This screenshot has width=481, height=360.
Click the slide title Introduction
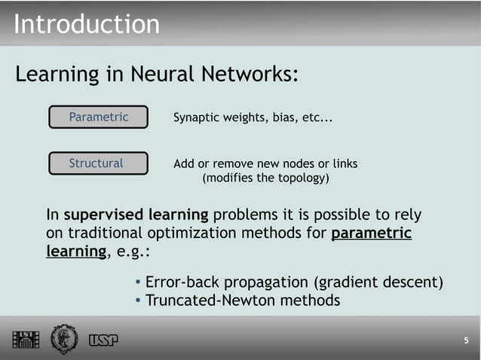[87, 24]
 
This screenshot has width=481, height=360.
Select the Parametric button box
[99, 117]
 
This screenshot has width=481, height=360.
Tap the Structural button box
[97, 163]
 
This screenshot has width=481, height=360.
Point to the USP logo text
[103, 340]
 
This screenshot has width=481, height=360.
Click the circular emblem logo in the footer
[64, 339]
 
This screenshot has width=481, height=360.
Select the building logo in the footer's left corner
[25, 340]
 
